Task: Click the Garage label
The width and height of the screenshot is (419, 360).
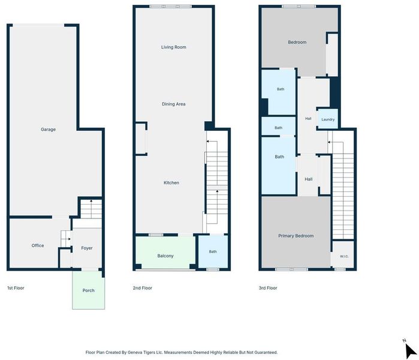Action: tap(48, 130)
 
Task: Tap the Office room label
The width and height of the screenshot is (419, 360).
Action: tap(38, 245)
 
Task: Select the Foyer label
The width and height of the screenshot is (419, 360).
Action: tap(87, 248)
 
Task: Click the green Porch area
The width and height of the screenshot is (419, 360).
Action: tap(89, 290)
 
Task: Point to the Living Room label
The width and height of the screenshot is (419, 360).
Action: tap(174, 47)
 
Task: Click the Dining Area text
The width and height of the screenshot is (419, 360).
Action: tap(174, 104)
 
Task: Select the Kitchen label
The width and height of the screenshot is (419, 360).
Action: tap(171, 182)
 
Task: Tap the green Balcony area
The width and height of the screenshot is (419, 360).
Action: tap(165, 253)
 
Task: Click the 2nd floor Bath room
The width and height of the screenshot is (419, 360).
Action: tap(213, 251)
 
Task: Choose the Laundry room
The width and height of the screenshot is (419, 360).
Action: tap(328, 119)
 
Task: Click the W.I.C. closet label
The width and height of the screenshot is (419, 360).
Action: tap(344, 256)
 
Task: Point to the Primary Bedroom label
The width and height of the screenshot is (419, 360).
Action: tap(296, 236)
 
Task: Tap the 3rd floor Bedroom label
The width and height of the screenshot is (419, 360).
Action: tap(297, 42)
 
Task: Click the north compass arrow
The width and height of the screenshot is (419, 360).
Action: tap(410, 350)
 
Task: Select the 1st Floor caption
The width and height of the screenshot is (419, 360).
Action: tap(16, 288)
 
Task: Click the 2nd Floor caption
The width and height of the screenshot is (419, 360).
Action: tap(143, 288)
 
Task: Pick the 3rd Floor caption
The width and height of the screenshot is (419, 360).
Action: tap(268, 288)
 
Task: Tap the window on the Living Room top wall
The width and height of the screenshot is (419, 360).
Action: tap(170, 7)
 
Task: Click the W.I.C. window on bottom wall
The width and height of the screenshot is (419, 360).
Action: tap(340, 269)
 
